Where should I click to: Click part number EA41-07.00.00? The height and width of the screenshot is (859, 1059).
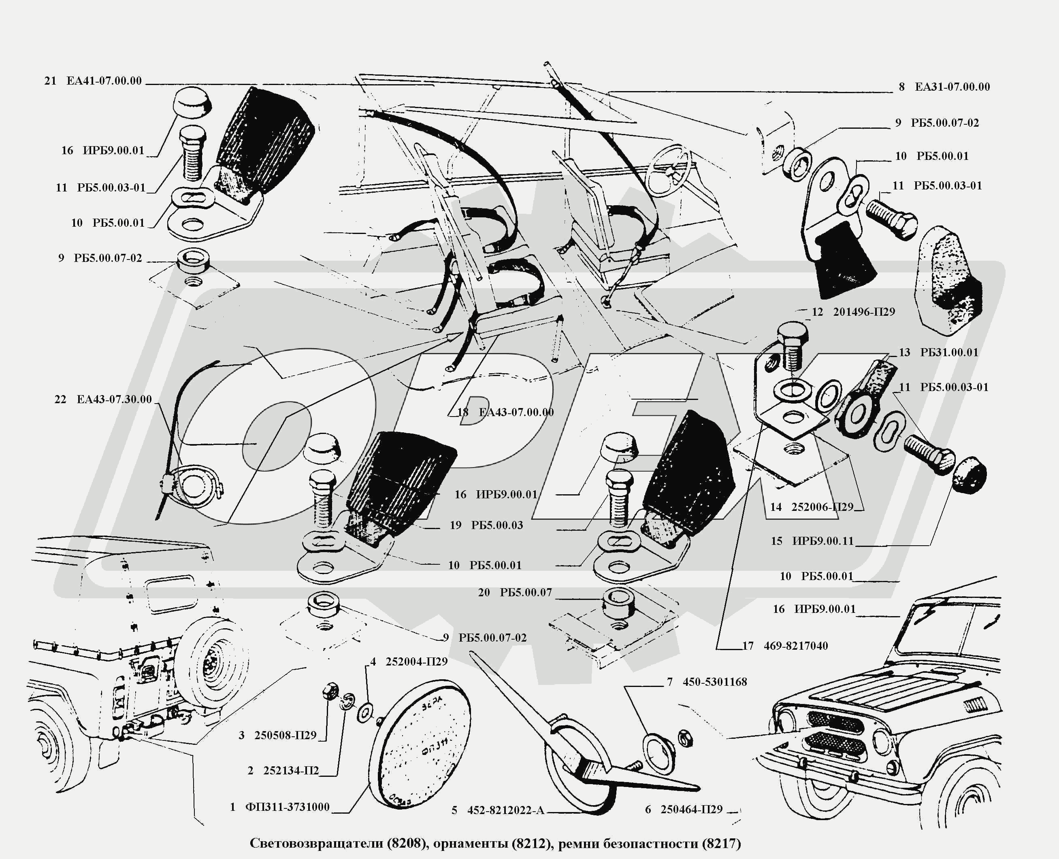[104, 81]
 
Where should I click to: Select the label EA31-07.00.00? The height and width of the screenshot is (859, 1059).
[952, 87]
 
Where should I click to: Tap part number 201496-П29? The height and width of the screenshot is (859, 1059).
[864, 312]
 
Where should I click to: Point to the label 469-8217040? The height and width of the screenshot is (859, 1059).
[796, 646]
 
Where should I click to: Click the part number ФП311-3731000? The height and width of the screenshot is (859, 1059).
[287, 807]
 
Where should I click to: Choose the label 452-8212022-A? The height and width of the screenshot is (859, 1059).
[505, 810]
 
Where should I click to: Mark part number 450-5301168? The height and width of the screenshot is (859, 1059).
[714, 682]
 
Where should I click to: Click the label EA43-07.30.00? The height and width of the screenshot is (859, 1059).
[114, 400]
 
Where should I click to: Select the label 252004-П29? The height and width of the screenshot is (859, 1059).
[416, 661]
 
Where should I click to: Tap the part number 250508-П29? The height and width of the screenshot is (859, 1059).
[285, 735]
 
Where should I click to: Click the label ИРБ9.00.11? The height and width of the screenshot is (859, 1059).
[823, 541]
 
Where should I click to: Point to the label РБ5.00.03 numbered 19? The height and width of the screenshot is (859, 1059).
[496, 525]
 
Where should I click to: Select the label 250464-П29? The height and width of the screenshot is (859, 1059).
[691, 810]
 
